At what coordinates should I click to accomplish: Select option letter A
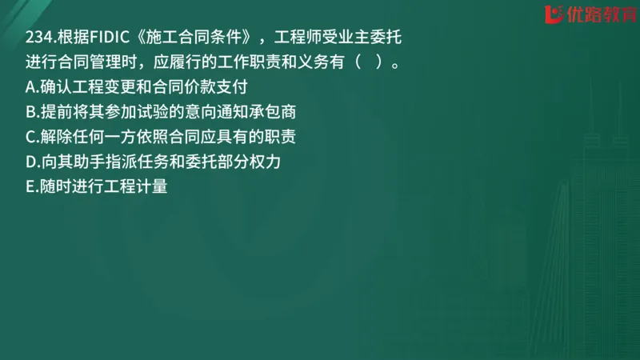click(30, 88)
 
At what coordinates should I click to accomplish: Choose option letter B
click(30, 113)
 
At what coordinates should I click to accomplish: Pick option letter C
click(30, 138)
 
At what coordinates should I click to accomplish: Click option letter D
click(30, 162)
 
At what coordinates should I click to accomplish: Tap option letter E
click(30, 188)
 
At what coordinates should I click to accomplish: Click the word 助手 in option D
click(93, 162)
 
